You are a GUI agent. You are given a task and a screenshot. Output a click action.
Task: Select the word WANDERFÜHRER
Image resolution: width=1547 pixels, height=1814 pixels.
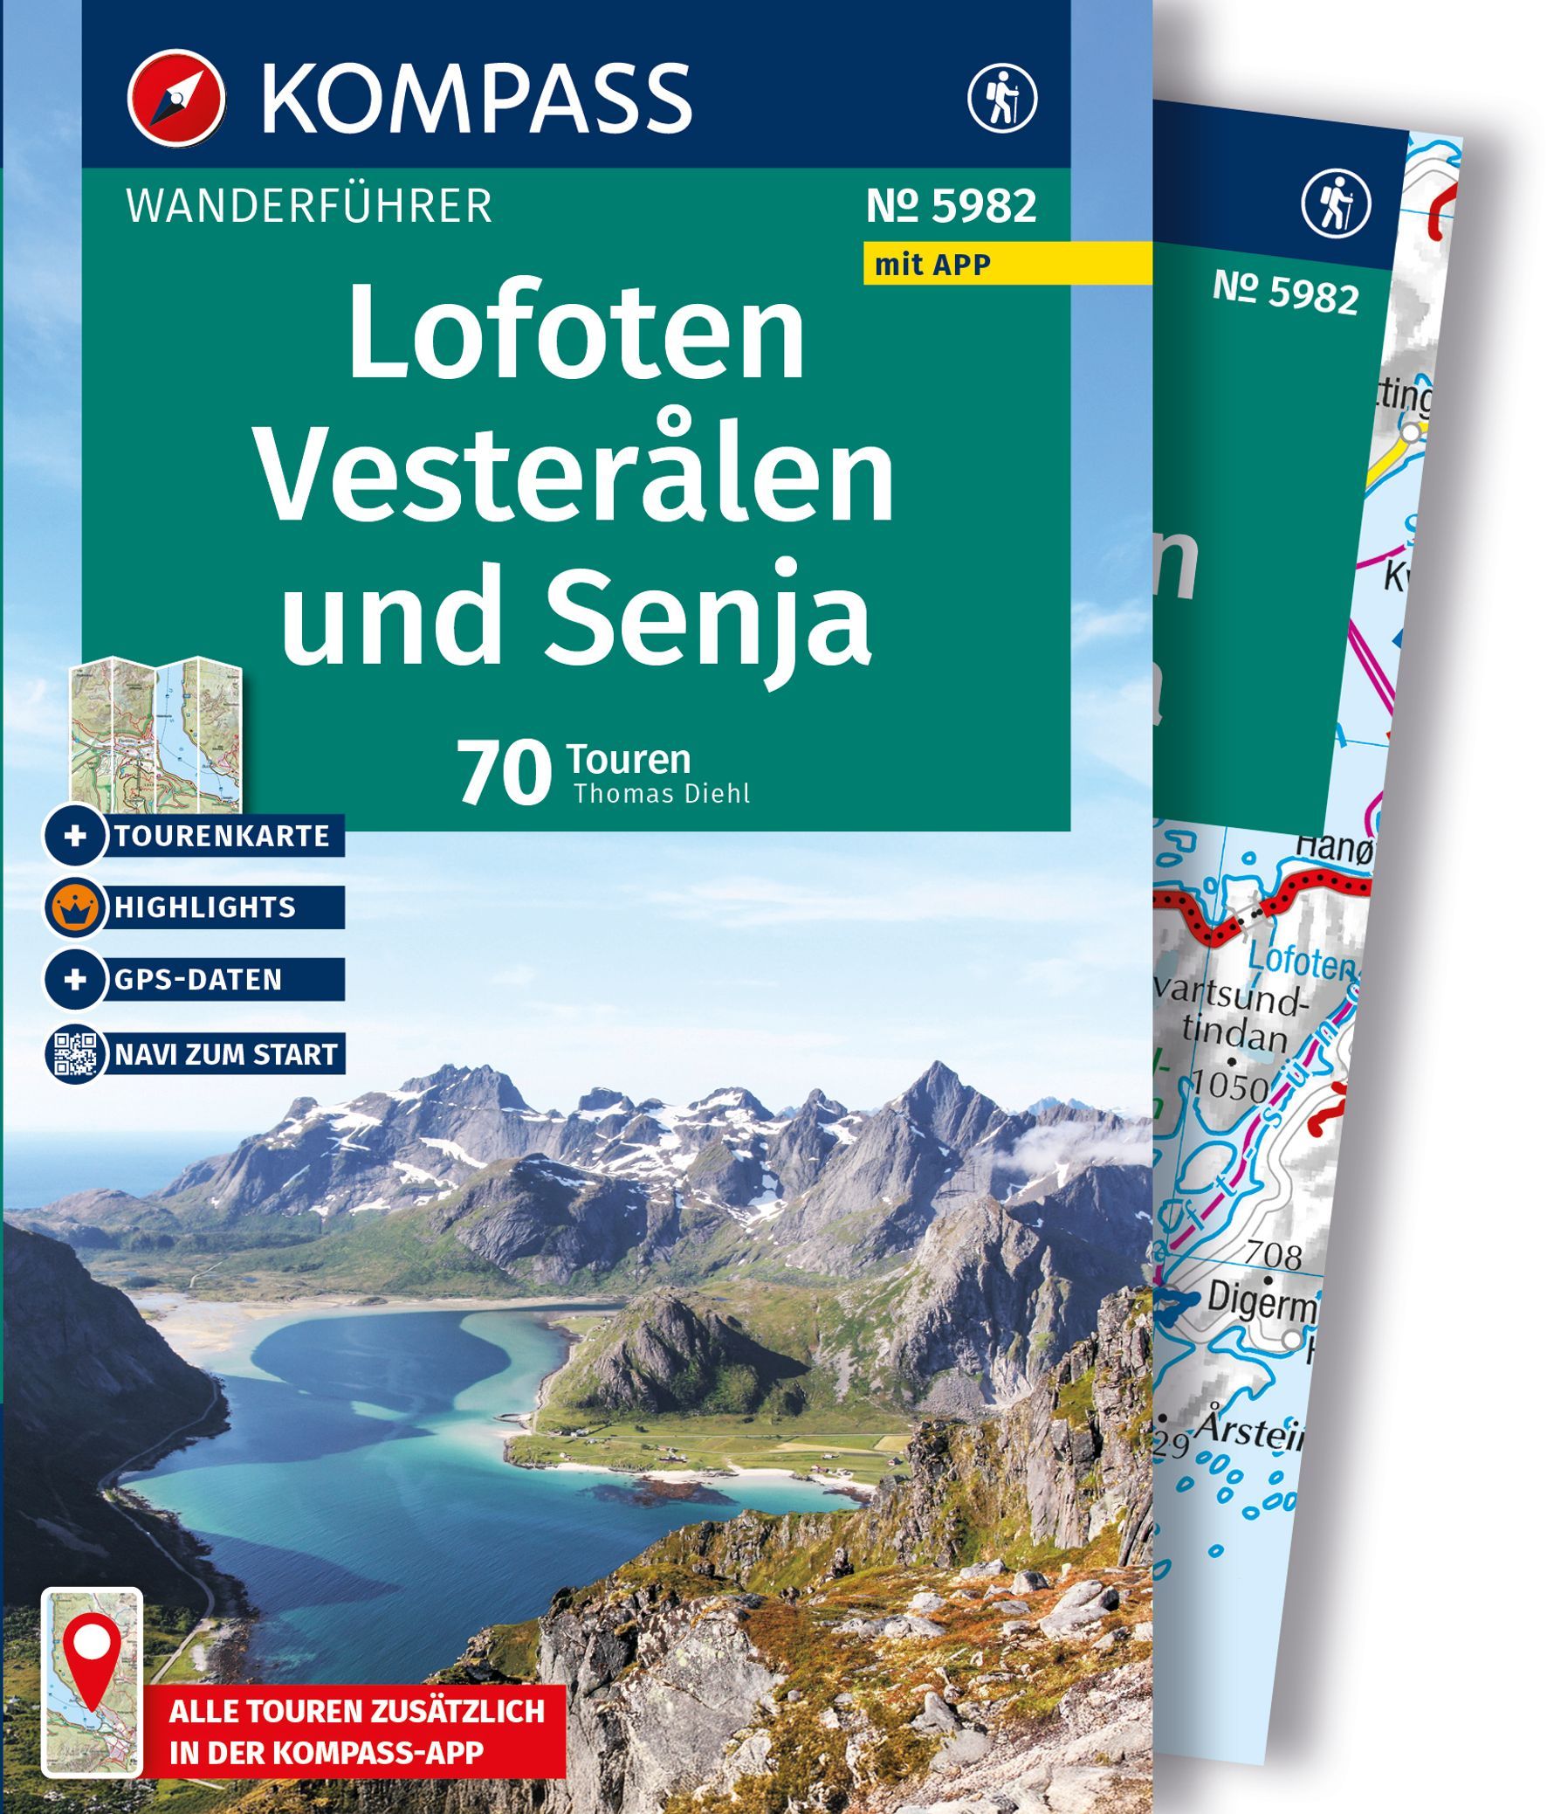(309, 207)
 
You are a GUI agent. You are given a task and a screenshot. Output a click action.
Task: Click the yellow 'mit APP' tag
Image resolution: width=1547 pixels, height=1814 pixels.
(932, 264)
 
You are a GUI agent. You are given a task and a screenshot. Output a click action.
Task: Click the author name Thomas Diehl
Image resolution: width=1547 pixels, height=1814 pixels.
(662, 793)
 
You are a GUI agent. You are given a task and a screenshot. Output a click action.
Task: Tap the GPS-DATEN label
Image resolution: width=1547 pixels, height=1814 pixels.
(198, 979)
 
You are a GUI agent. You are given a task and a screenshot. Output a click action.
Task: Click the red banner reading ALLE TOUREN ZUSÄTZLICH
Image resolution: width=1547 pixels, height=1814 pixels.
(357, 1710)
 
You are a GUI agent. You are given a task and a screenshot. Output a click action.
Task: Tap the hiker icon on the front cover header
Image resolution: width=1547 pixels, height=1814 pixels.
(1002, 96)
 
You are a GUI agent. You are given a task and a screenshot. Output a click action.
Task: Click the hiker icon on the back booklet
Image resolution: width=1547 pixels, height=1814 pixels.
(1336, 204)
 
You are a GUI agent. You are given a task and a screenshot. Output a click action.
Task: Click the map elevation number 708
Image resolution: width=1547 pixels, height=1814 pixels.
(1273, 1256)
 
